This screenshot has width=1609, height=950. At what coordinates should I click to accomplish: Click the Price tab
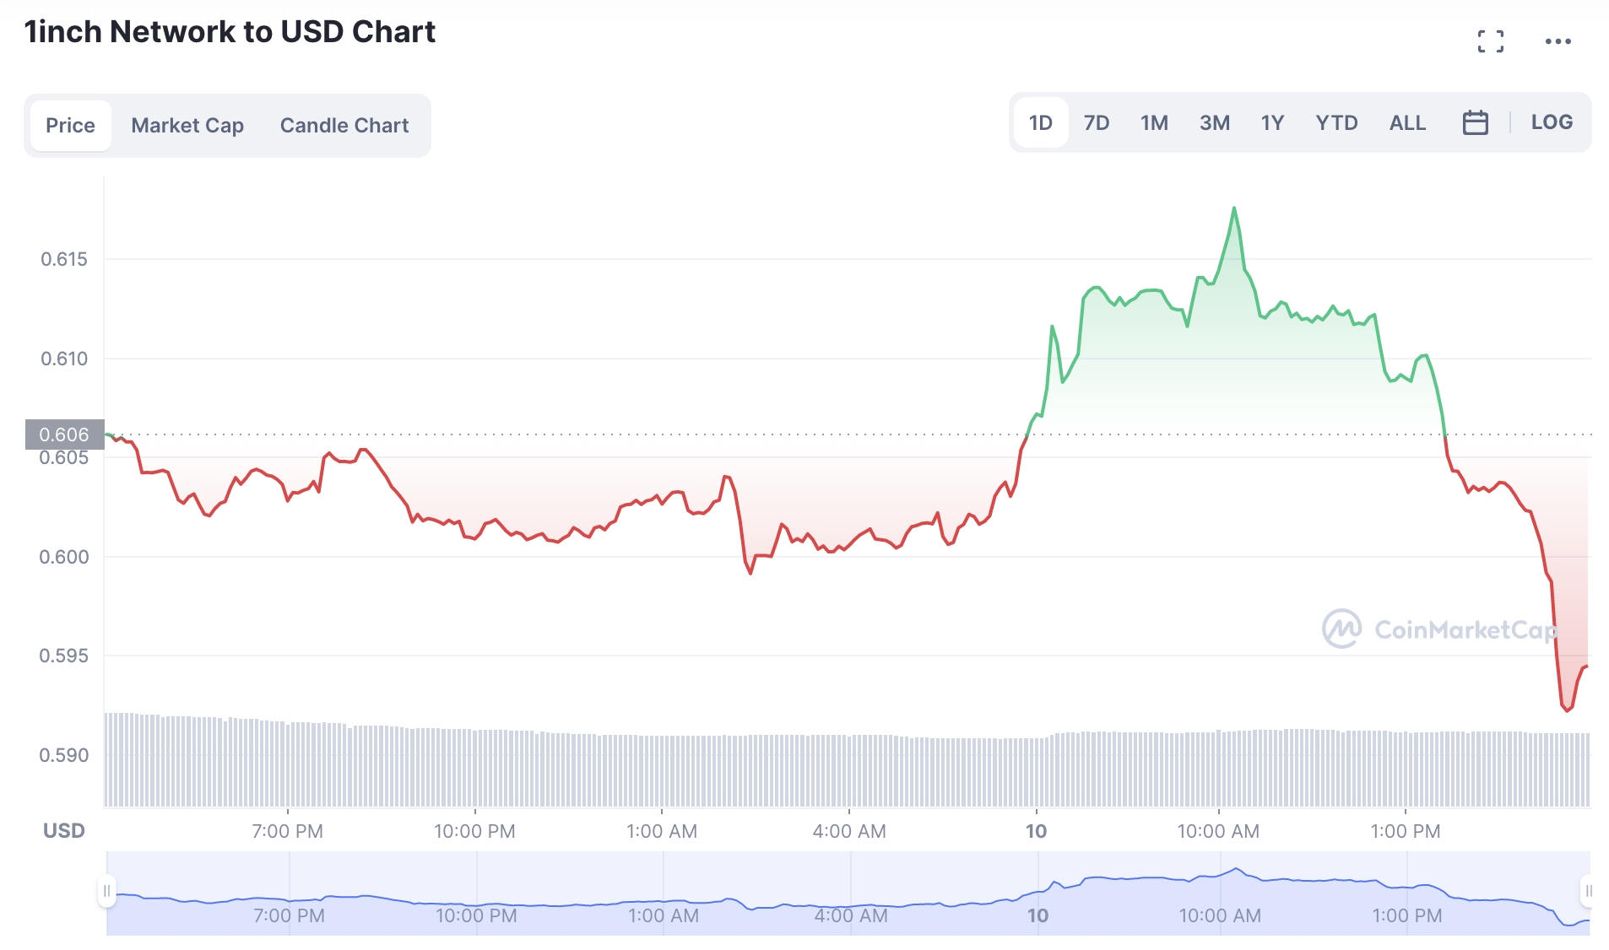pos(70,126)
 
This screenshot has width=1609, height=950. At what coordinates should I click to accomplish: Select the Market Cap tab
pos(187,126)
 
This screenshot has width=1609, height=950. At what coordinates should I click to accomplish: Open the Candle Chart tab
pos(344,126)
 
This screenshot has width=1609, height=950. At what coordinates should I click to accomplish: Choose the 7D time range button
pos(1096,123)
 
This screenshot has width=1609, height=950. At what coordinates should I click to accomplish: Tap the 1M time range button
pos(1154,123)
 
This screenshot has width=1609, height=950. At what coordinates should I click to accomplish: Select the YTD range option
pos(1336,123)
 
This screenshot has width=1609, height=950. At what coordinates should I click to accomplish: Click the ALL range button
pos(1407,123)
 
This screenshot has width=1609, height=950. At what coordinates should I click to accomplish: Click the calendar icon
pos(1475,123)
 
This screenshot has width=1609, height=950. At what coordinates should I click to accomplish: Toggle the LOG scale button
pos(1552,122)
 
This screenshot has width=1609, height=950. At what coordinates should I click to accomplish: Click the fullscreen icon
pos(1491,41)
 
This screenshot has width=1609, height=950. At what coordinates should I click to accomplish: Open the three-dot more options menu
pos(1558,41)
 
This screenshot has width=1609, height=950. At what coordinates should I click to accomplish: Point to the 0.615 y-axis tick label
pos(64,259)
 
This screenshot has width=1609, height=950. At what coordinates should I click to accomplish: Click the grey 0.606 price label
pos(64,435)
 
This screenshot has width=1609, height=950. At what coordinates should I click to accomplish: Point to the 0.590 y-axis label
pos(64,755)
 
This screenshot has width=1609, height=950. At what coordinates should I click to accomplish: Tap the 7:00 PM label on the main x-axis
pos(287,831)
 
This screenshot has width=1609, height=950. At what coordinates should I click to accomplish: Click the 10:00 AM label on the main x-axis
pos(1218,831)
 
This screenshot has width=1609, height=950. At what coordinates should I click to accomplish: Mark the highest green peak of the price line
pos(1234,208)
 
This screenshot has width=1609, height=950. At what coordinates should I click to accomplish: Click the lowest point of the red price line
pos(1567,710)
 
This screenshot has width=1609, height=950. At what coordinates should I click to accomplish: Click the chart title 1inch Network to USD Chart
pos(230,32)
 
